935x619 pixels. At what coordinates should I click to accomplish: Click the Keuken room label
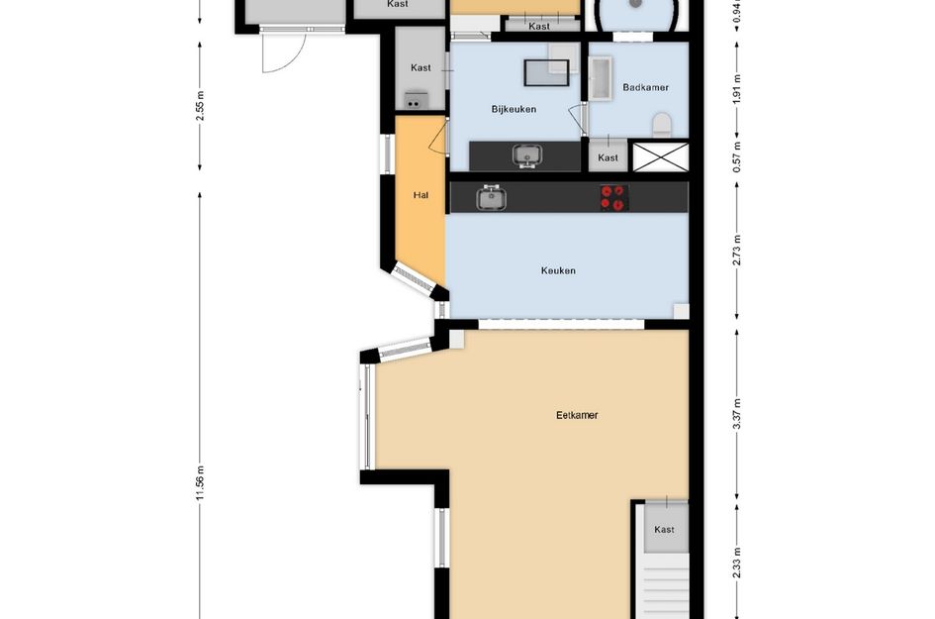point(558,270)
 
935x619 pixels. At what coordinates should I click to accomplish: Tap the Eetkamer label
point(577,415)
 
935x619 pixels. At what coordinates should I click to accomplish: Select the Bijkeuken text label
point(514,109)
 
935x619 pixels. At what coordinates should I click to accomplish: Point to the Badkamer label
point(645,87)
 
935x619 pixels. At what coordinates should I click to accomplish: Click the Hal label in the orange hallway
point(421,194)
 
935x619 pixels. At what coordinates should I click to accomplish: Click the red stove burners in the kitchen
point(613,197)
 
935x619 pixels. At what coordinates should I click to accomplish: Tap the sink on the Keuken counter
point(492,197)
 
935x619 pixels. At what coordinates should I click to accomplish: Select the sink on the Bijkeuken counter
point(527,155)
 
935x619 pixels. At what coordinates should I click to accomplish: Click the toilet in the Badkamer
point(662,125)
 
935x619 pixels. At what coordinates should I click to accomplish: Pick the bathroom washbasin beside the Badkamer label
point(600,78)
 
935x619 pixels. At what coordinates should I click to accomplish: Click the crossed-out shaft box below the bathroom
point(660,157)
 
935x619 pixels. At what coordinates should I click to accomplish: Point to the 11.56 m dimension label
point(200,483)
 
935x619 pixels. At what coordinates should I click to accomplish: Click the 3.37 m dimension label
point(737,414)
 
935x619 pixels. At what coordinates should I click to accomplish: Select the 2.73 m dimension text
point(737,251)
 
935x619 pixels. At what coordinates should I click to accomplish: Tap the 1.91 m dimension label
point(737,89)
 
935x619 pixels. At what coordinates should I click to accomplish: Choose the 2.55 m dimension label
point(200,106)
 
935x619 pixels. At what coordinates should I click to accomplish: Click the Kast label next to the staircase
point(664,530)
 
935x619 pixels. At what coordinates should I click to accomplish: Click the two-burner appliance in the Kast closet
point(417,100)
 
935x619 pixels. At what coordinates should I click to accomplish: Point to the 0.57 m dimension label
point(737,156)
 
